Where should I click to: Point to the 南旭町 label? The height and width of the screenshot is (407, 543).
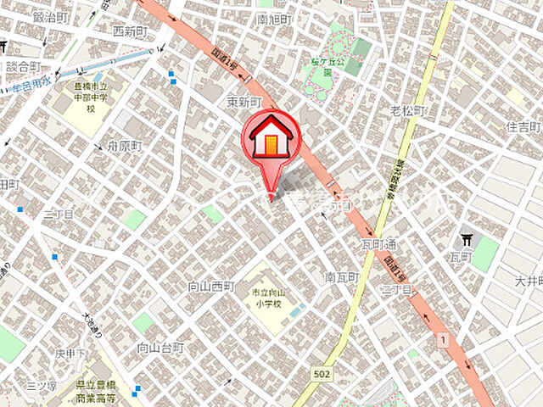click(274, 19)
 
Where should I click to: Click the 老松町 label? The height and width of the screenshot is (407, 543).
click(407, 110)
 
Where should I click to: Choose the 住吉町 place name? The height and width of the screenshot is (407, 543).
click(523, 126)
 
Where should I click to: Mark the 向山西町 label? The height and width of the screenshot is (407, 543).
click(210, 287)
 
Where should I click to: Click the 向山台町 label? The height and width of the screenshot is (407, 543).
click(160, 348)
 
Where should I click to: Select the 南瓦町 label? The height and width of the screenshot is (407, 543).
click(341, 277)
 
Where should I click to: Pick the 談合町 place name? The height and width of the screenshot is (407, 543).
click(23, 67)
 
